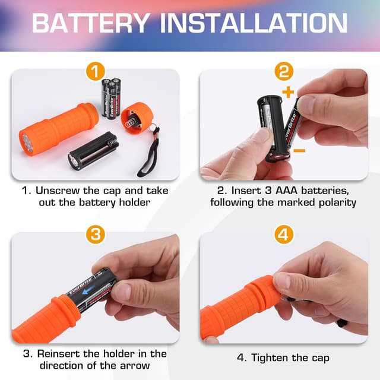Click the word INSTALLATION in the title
(x=255, y=23)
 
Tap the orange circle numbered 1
(x=95, y=72)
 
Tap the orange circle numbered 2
(x=284, y=72)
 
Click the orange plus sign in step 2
(x=289, y=92)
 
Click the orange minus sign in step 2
(x=300, y=151)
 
